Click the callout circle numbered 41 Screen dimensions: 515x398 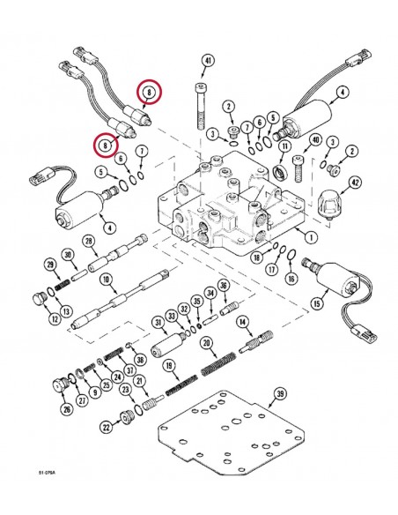[x=208, y=61]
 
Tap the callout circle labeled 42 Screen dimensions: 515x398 [x=354, y=183]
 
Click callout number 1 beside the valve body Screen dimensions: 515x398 [x=309, y=236]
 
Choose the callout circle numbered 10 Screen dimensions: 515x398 [x=105, y=280]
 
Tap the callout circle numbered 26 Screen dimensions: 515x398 [x=68, y=409]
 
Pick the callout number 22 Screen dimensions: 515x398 [x=107, y=427]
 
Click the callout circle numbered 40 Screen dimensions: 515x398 [x=314, y=139]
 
